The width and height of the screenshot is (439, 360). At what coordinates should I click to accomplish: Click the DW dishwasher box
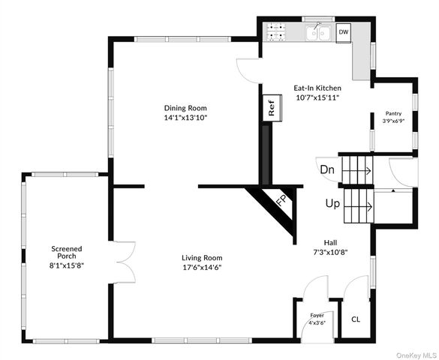pos(344,33)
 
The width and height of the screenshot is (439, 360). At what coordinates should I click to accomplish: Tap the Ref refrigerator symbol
pos(272,108)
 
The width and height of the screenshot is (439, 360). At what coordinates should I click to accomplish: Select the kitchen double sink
pos(318,33)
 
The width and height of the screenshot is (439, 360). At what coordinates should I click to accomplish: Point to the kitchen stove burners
pos(276,32)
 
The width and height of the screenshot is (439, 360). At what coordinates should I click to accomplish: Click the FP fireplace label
pos(281,200)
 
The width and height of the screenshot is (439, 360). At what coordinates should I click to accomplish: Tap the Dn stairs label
pos(327,169)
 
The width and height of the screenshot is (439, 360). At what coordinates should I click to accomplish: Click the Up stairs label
pos(332,203)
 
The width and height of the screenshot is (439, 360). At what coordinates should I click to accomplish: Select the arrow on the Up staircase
pos(358,207)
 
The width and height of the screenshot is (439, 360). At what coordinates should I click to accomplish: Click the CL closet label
pos(356,319)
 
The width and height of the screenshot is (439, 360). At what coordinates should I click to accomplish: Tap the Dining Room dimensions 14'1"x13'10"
pos(185,118)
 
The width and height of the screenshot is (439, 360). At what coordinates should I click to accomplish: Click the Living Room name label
pos(202,258)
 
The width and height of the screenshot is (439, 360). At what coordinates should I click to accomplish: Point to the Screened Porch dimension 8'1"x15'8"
pos(67,265)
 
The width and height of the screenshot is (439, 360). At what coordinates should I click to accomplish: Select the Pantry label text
pos(394,113)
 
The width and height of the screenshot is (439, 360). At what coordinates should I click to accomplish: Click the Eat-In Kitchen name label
pos(317,88)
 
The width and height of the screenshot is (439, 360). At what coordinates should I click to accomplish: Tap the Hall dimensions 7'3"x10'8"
pos(330,252)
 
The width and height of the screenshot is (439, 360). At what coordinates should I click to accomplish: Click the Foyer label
pos(317,315)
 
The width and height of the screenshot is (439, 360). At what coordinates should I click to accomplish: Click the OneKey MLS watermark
pos(417,355)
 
